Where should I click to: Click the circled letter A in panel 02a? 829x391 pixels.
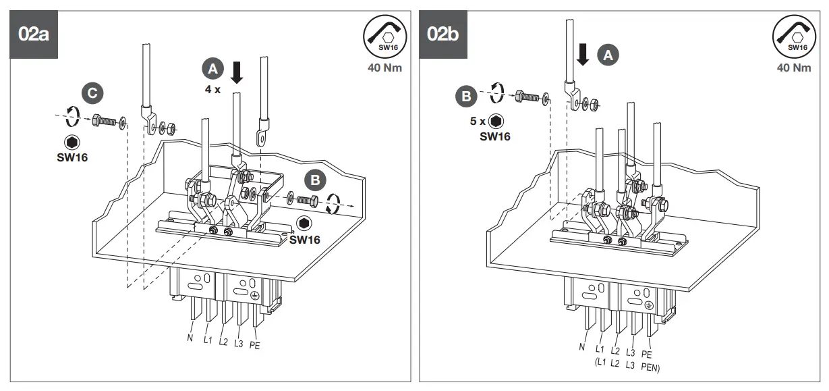(212, 68)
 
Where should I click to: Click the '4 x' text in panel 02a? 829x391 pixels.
(213, 88)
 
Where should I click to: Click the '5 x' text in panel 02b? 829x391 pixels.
(478, 122)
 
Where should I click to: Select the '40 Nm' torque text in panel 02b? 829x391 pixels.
(794, 68)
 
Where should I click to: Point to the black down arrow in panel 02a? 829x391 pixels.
(236, 72)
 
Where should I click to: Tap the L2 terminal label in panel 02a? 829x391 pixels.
(223, 340)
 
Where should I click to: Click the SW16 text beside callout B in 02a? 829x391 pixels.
(304, 239)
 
